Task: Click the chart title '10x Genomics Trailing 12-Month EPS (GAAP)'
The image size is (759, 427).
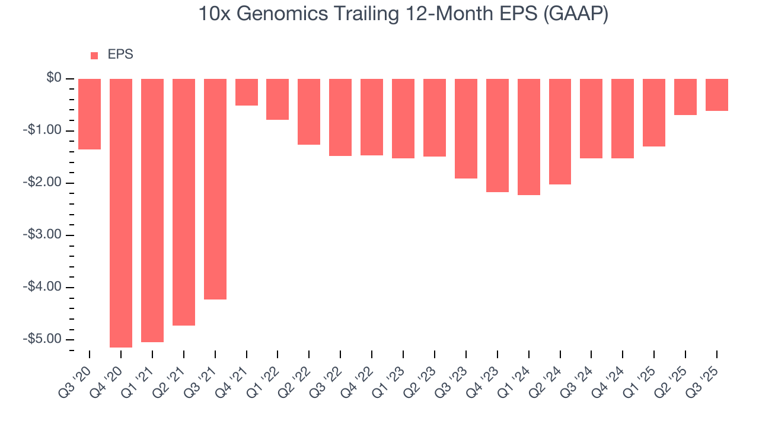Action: (x=403, y=15)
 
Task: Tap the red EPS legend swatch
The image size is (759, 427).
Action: (x=94, y=55)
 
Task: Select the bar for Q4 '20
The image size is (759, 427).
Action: (x=121, y=213)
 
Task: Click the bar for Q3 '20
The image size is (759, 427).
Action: (x=90, y=114)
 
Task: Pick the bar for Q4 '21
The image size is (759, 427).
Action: (x=247, y=92)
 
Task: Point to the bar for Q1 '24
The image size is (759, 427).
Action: (x=529, y=136)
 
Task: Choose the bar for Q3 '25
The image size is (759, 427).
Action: (x=717, y=95)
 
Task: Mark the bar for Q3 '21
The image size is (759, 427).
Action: (x=215, y=189)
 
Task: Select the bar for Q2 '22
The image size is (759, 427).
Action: (x=309, y=111)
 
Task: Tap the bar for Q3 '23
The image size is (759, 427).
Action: (x=466, y=128)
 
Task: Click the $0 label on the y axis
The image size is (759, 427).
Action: (x=55, y=78)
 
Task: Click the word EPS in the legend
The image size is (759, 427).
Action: (x=120, y=55)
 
